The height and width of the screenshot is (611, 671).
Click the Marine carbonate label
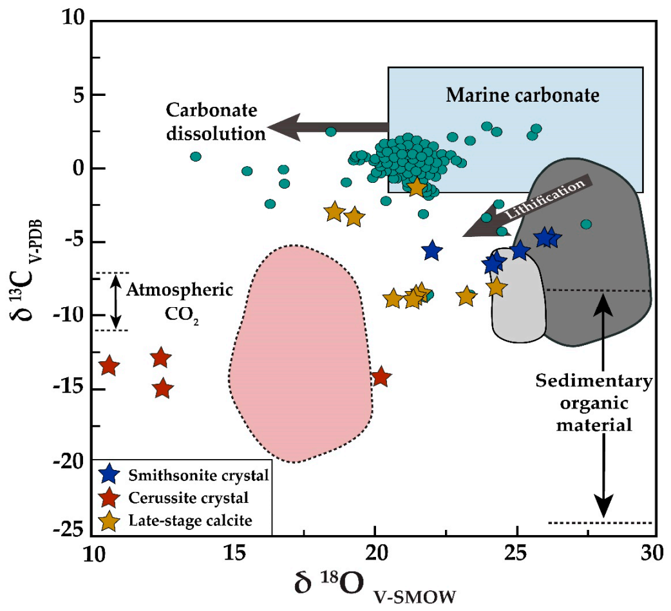(x=523, y=96)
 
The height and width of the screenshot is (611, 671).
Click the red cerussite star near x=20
(x=381, y=377)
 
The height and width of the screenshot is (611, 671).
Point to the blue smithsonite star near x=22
(x=432, y=250)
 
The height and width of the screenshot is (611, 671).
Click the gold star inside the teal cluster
(x=417, y=187)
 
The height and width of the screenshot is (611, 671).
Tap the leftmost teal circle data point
(x=196, y=156)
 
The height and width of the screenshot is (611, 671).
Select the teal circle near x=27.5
(x=585, y=224)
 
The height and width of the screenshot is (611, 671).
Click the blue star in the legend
(x=110, y=476)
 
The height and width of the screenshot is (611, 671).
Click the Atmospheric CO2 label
(x=178, y=299)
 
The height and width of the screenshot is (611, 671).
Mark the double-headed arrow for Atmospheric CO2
(x=115, y=301)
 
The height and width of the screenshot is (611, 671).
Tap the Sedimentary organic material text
(x=594, y=403)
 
